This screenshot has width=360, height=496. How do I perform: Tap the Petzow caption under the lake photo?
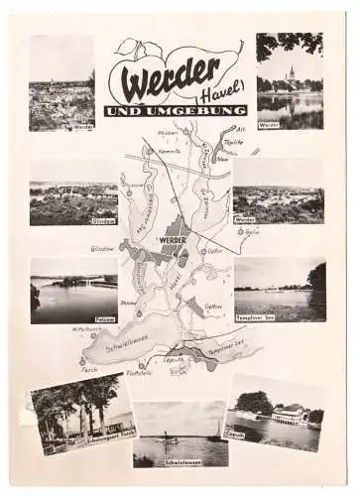pos(104,319)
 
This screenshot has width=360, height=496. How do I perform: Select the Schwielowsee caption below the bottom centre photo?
pos(181,462)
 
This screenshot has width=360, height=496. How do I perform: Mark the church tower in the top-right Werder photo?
pos(291,74)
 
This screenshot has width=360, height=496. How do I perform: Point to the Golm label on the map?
pos(252,232)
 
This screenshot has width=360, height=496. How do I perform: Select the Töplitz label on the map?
pos(233,142)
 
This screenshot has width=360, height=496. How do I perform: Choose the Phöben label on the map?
pos(166,132)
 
